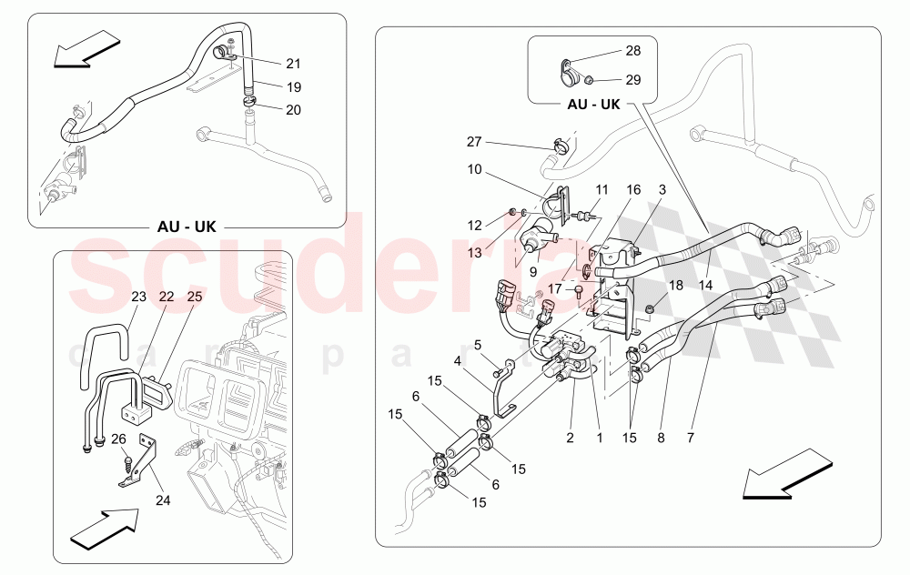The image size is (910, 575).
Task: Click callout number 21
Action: [x=292, y=64]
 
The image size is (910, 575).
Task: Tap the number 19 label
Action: [x=294, y=87]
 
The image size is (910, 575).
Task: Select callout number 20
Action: [x=294, y=109]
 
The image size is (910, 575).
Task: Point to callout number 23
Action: [x=138, y=297]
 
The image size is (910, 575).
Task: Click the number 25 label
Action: [x=195, y=297]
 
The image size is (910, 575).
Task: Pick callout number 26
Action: [x=118, y=439]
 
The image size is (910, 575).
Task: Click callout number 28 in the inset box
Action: [x=633, y=50]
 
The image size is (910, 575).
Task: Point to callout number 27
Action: [x=473, y=142]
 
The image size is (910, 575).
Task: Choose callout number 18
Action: [x=675, y=286]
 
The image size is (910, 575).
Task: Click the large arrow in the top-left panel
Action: [x=86, y=49]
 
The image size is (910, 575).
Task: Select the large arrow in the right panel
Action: [x=778, y=481]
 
